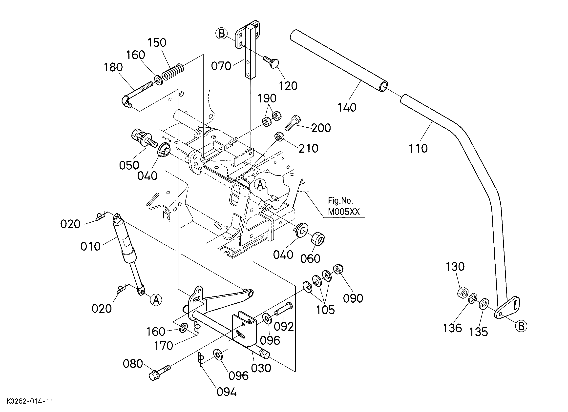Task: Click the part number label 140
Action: [347, 107]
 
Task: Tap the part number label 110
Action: [418, 148]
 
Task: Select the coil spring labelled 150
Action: [173, 72]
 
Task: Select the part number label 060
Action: [310, 259]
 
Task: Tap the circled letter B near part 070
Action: [222, 34]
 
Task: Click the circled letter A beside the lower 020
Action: [156, 300]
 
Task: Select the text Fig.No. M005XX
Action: [344, 206]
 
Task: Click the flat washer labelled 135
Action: [484, 304]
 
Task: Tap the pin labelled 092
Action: [283, 310]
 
